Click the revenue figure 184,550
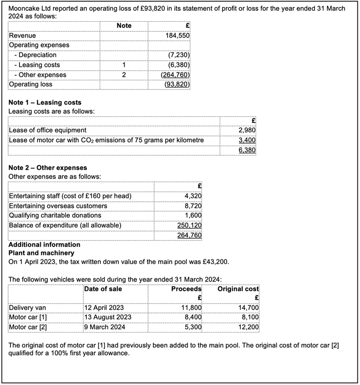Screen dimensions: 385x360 (178, 36)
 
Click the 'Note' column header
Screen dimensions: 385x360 (124, 25)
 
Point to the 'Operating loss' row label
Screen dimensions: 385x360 (30, 84)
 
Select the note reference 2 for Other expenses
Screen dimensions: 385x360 (124, 75)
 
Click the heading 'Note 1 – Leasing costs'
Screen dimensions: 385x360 (45, 102)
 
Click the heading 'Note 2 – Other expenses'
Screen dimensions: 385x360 (48, 168)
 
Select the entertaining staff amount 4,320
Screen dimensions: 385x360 (193, 196)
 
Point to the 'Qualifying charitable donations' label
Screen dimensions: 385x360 (55, 215)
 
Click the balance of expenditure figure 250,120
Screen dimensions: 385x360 (189, 225)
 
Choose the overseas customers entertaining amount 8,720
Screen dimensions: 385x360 (193, 206)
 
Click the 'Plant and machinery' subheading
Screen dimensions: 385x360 (42, 253)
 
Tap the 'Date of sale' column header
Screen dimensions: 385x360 (103, 289)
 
